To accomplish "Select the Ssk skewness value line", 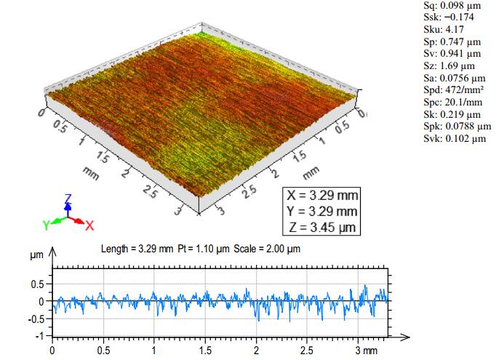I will point(446,17).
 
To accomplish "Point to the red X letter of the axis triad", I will point(89,225).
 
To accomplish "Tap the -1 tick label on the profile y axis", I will point(41,336).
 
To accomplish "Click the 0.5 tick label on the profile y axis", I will point(39,284).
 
